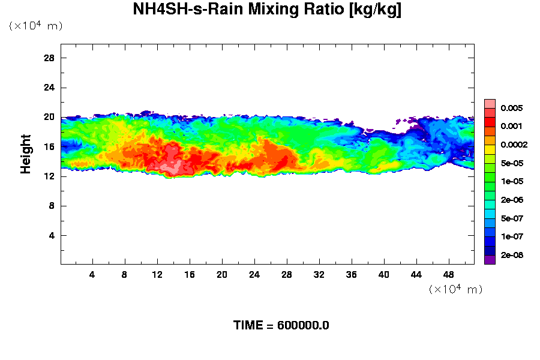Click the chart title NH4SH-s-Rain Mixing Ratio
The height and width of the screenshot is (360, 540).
point(267,10)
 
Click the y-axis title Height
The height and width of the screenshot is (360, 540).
point(26,161)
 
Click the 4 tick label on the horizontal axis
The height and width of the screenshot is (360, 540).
point(92,275)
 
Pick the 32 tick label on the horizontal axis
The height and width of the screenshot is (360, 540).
point(319,275)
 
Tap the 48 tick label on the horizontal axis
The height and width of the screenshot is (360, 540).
point(449,275)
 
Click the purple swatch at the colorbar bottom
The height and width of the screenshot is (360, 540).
point(490,260)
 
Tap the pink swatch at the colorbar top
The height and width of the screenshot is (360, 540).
point(490,103)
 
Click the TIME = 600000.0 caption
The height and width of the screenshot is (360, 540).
point(281,326)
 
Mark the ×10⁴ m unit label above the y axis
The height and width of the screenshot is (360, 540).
point(35,26)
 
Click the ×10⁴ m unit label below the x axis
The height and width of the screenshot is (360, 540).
point(455,289)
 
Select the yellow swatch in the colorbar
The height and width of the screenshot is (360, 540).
point(490,149)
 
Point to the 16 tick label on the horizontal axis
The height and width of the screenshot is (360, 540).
point(190,275)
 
